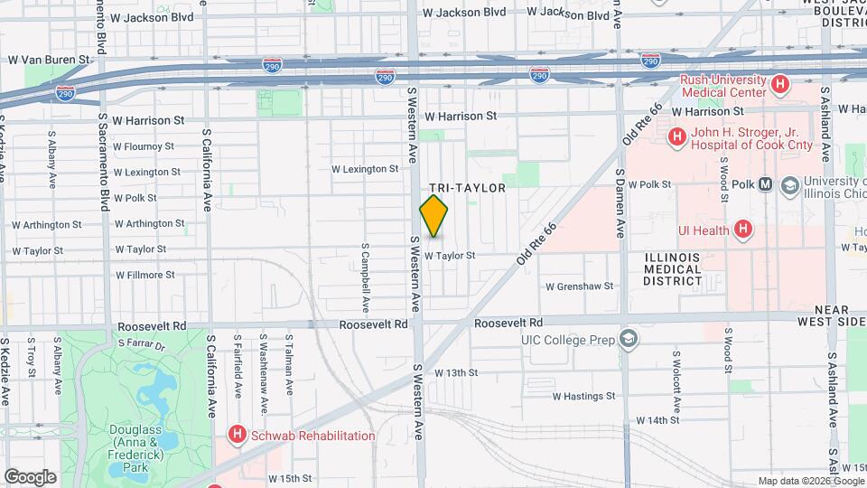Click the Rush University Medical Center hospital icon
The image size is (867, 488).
pyautogui.click(x=780, y=86)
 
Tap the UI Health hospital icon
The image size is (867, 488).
pyautogui.click(x=742, y=230)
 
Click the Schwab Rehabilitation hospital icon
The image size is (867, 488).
pyautogui.click(x=238, y=436)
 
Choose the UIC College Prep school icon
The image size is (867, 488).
pyautogui.click(x=628, y=340)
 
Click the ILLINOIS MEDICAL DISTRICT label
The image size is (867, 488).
pyautogui.click(x=672, y=268)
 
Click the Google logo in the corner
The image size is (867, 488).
pyautogui.click(x=30, y=476)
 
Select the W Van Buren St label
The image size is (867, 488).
pyautogui.click(x=50, y=60)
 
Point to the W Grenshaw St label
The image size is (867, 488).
pyautogui.click(x=580, y=286)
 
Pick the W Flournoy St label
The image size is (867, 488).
pyautogui.click(x=144, y=146)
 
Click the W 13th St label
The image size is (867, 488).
pyautogui.click(x=456, y=372)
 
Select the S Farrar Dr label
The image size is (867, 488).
pyautogui.click(x=143, y=344)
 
